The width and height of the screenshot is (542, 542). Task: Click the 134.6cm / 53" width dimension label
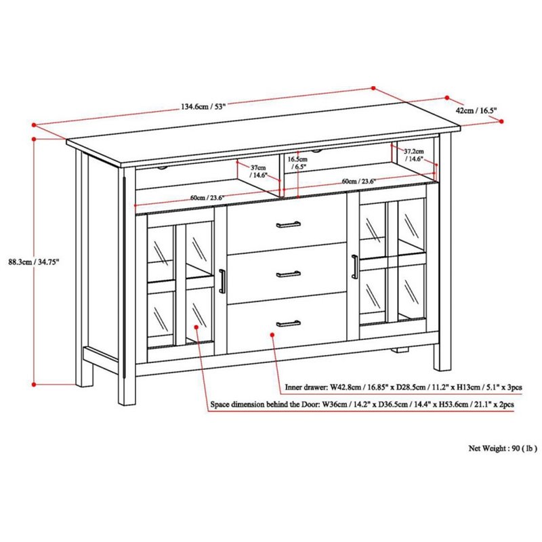[203, 106]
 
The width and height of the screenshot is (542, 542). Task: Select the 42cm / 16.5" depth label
[477, 109]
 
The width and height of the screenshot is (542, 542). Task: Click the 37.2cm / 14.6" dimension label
[414, 154]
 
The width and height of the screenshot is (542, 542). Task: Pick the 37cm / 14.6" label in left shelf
[258, 171]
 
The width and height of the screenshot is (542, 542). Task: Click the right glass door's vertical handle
[354, 265]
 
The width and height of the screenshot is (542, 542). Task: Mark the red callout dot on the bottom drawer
[273, 333]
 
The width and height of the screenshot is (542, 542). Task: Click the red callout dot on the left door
[196, 327]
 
